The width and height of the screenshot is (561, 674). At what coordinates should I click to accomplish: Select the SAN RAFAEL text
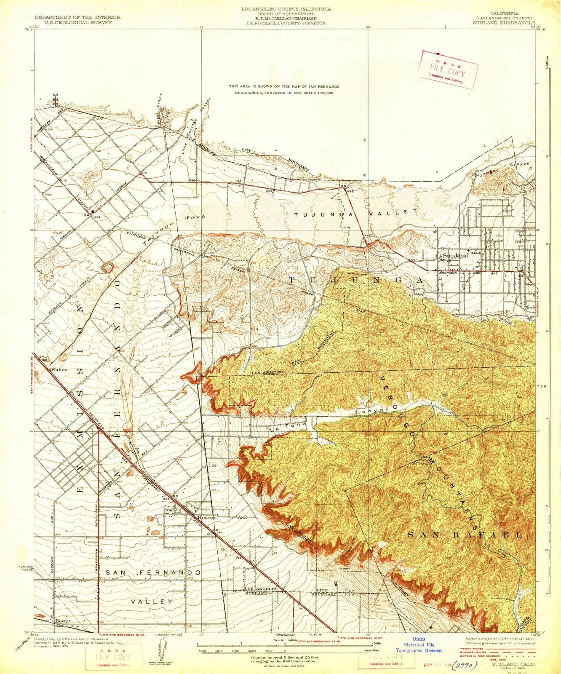465,535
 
